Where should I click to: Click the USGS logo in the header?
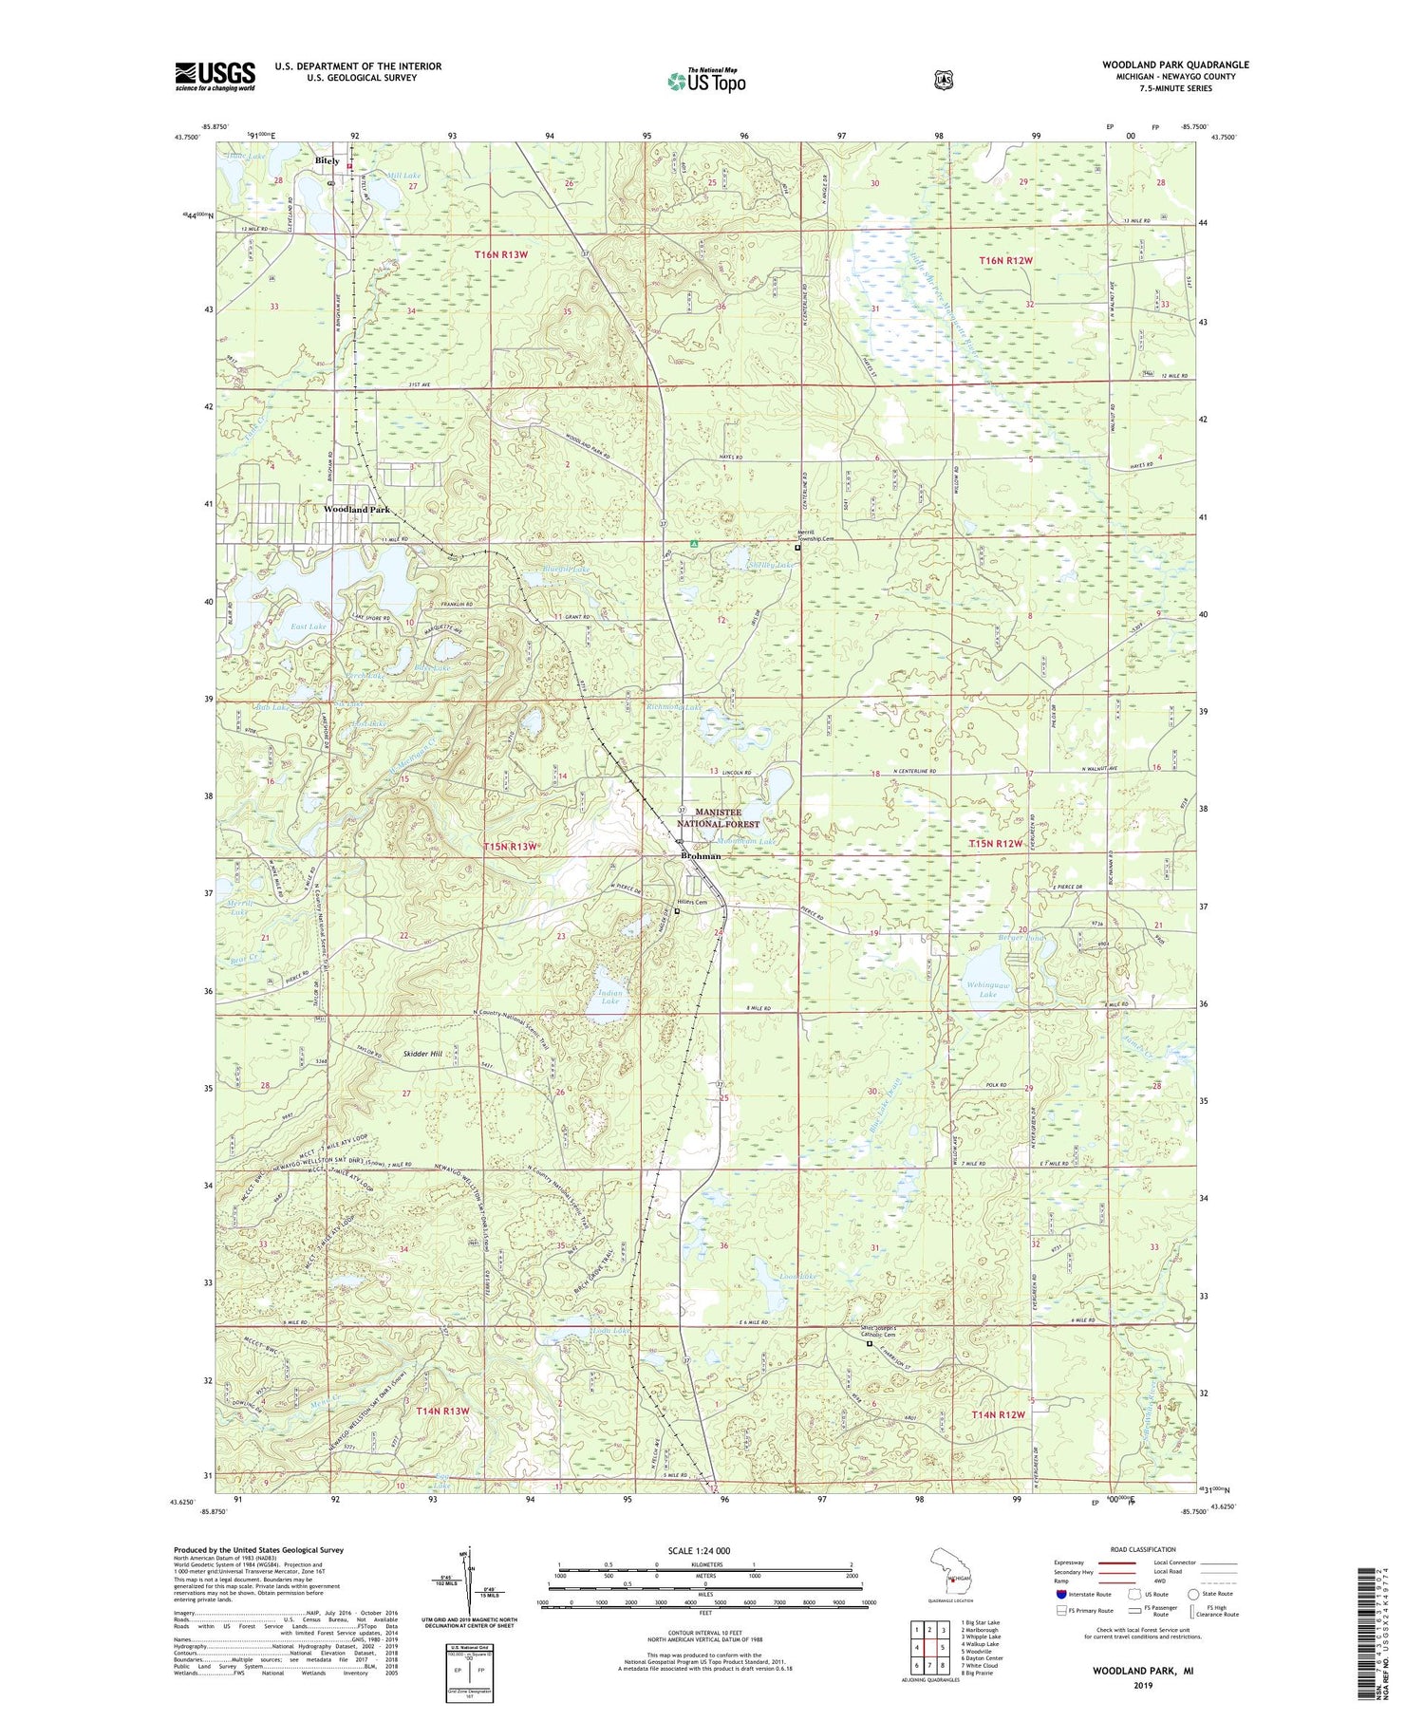[215, 76]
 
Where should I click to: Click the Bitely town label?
[327, 161]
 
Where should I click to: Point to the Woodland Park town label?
[357, 510]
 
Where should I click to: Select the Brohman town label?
[701, 856]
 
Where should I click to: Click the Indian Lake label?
[609, 997]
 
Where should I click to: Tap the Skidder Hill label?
[422, 1054]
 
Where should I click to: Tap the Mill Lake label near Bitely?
[403, 176]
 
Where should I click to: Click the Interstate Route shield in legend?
[1061, 1595]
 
